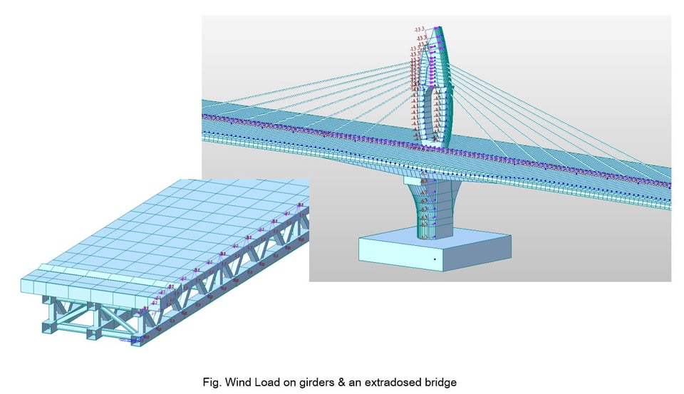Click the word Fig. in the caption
click(x=212, y=380)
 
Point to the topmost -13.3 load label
click(x=420, y=30)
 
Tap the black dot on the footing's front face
click(x=434, y=259)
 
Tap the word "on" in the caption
click(x=282, y=380)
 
